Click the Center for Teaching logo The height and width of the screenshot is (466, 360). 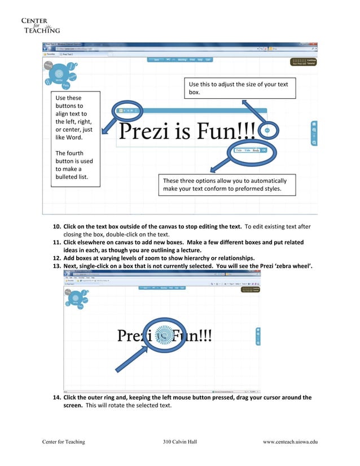click(x=39, y=25)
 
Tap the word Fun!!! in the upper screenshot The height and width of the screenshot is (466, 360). click(x=229, y=131)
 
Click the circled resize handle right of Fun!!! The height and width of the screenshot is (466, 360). click(x=267, y=130)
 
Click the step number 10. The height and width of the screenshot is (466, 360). click(x=56, y=227)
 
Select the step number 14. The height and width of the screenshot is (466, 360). click(x=56, y=398)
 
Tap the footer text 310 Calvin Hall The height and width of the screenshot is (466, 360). click(x=179, y=442)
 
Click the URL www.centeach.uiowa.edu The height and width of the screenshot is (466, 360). click(x=290, y=442)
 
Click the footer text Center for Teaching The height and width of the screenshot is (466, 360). click(x=63, y=442)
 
